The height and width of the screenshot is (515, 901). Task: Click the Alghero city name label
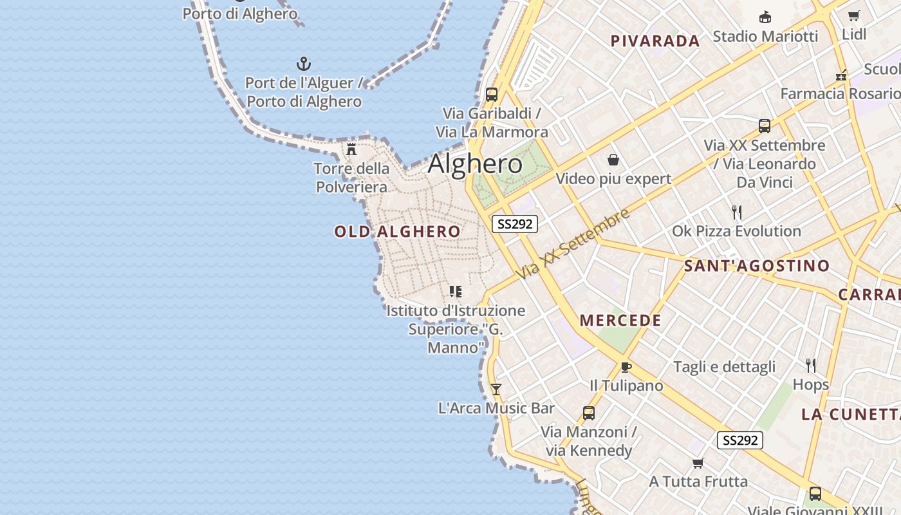pyautogui.click(x=475, y=164)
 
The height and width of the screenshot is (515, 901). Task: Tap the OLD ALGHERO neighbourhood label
pyautogui.click(x=398, y=232)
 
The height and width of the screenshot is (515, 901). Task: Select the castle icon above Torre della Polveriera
pyautogui.click(x=351, y=149)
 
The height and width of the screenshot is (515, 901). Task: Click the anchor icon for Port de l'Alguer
pyautogui.click(x=304, y=64)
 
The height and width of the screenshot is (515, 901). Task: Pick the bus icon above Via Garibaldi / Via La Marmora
pyautogui.click(x=492, y=94)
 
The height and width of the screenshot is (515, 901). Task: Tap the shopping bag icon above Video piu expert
pyautogui.click(x=613, y=160)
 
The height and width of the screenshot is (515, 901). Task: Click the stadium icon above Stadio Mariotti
pyautogui.click(x=765, y=17)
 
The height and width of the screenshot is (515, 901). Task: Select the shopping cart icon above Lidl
pyautogui.click(x=854, y=15)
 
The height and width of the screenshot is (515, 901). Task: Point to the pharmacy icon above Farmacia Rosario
pyautogui.click(x=841, y=75)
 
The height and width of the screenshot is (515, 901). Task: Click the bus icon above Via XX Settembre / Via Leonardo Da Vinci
pyautogui.click(x=765, y=126)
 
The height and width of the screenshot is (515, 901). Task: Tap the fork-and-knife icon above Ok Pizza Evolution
pyautogui.click(x=737, y=212)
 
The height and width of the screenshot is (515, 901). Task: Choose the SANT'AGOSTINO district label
pyautogui.click(x=757, y=266)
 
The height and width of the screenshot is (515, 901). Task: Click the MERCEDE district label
pyautogui.click(x=620, y=321)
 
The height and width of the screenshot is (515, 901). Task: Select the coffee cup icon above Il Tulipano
pyautogui.click(x=626, y=367)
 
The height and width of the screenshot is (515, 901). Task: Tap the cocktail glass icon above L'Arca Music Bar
pyautogui.click(x=496, y=389)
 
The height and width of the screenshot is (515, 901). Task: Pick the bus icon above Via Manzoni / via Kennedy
pyautogui.click(x=589, y=413)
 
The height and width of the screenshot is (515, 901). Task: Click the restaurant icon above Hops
pyautogui.click(x=811, y=366)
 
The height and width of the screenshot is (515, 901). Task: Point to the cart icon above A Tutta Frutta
pyautogui.click(x=698, y=463)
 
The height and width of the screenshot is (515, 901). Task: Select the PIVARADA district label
pyautogui.click(x=655, y=41)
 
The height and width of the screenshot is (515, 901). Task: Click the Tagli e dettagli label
pyautogui.click(x=725, y=367)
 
